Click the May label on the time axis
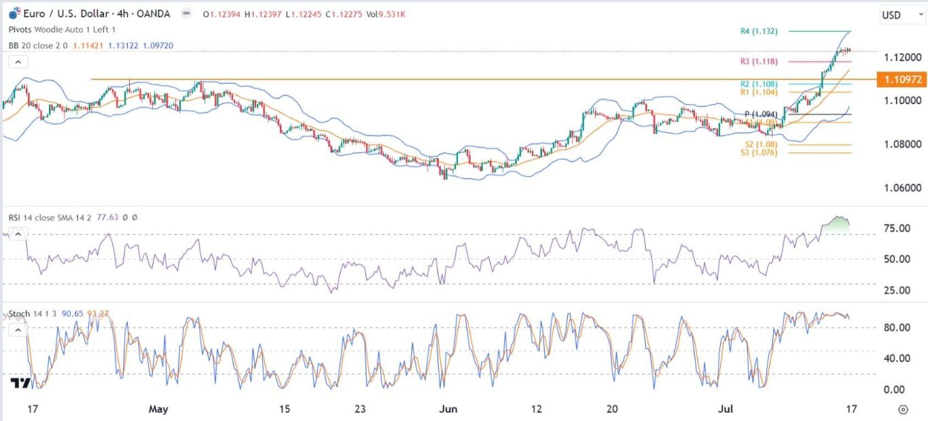[158, 409]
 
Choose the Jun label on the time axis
[448, 409]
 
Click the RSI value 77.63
[108, 217]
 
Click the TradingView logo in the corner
[20, 384]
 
